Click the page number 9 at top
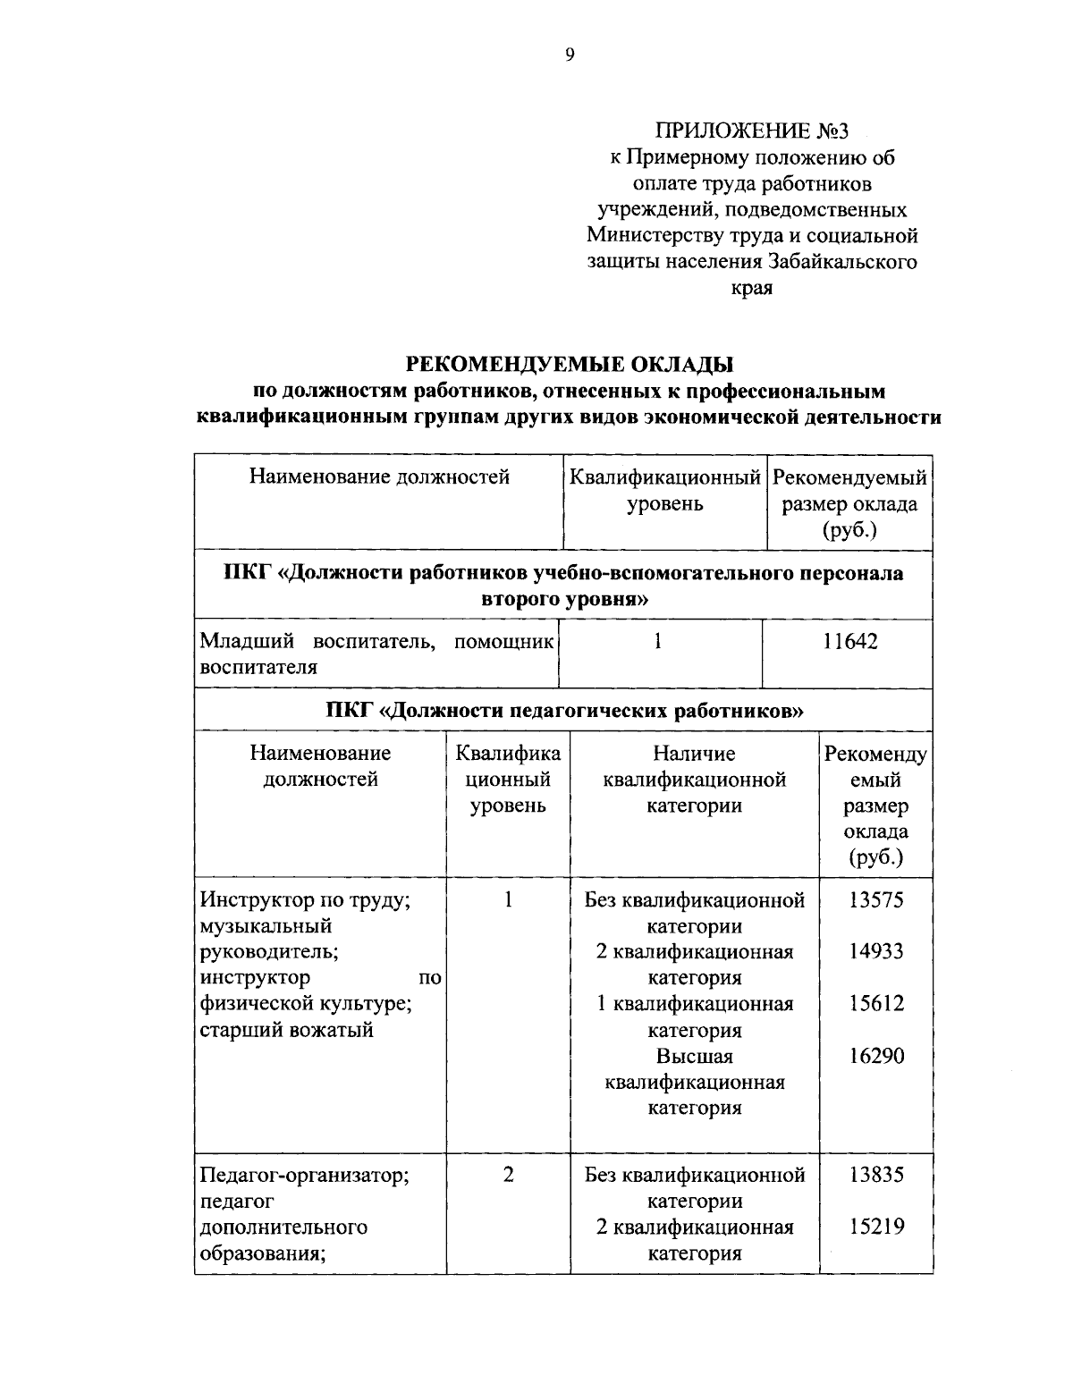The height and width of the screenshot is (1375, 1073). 570,55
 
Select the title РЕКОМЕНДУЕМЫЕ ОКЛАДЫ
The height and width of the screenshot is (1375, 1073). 570,364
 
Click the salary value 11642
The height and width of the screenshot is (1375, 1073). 850,641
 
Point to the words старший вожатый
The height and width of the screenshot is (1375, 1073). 286,1030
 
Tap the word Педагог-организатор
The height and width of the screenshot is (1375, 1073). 304,1175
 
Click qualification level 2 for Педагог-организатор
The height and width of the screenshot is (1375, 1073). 508,1175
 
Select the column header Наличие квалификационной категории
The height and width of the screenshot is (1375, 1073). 695,780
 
